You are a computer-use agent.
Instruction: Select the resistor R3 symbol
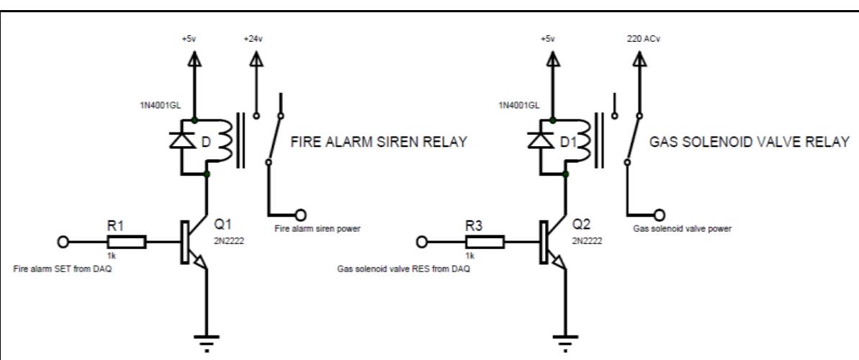click(x=490, y=242)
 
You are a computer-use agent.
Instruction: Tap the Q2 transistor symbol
click(x=549, y=243)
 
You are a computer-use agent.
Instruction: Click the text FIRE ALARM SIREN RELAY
click(x=378, y=142)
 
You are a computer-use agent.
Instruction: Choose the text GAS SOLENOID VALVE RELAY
click(x=748, y=142)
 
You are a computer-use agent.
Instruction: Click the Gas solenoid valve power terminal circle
click(x=659, y=214)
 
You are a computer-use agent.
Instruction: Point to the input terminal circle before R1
click(x=63, y=242)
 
